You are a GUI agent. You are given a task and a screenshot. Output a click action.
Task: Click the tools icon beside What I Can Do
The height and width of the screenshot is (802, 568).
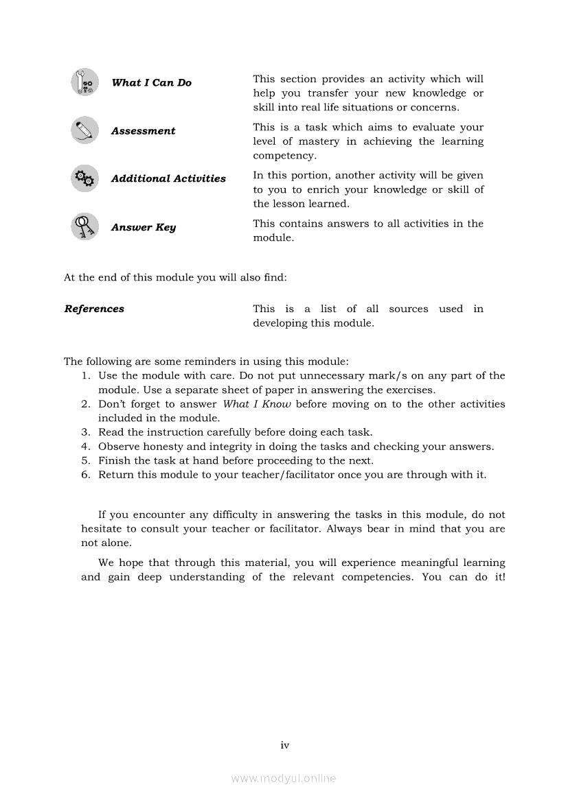coord(84,82)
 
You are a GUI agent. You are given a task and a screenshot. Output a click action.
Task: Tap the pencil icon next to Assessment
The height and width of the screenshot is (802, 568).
coord(84,130)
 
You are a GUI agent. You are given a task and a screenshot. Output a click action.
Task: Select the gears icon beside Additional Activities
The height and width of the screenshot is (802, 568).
coord(84,179)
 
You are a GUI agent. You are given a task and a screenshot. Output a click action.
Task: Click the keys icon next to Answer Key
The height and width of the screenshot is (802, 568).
coord(84,226)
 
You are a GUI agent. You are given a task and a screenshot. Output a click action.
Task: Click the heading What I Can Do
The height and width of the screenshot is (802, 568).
coord(151,83)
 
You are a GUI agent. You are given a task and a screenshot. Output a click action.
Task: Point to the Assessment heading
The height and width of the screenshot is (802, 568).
coord(143,131)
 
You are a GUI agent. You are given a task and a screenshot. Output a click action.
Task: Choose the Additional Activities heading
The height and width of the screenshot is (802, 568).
coord(168,178)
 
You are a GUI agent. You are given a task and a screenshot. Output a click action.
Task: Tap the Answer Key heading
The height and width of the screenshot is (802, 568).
coord(144,227)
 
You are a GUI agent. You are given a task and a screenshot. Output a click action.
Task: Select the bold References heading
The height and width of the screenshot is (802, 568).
coord(94,309)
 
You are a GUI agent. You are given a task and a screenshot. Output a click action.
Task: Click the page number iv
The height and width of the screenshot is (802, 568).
coord(284,745)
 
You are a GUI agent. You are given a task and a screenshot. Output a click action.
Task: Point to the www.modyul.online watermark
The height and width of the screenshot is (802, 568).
coord(284,779)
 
